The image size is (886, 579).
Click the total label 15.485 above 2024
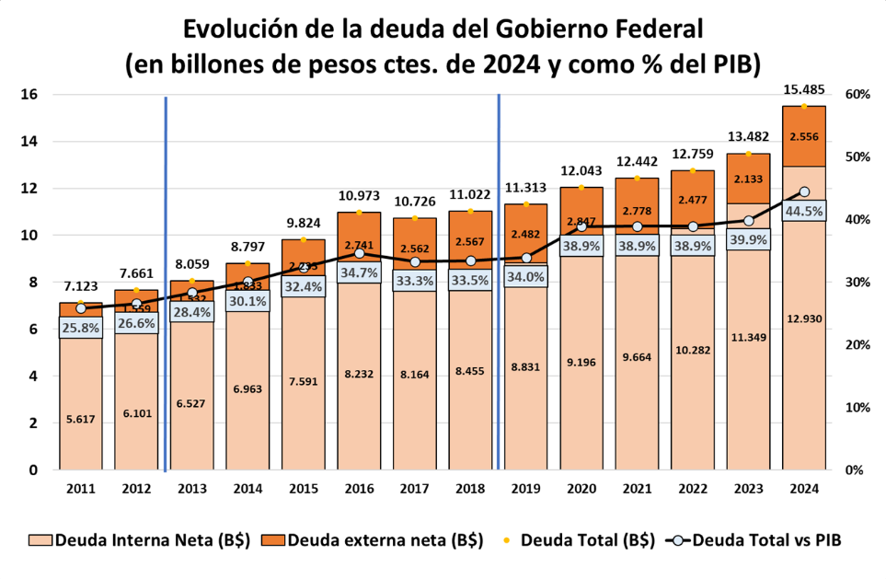tap(803, 90)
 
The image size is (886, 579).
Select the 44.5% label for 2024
tap(803, 211)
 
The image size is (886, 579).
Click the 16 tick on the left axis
tap(29, 95)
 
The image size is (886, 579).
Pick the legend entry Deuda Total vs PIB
tap(752, 540)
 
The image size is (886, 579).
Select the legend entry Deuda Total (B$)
tap(572, 540)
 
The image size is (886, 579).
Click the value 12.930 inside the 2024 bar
tap(803, 318)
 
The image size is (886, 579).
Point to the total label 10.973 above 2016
tap(359, 196)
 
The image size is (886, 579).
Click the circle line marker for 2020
tap(581, 226)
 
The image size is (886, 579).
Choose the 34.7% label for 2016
tap(359, 272)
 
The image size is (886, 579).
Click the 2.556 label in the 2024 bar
tap(803, 136)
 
